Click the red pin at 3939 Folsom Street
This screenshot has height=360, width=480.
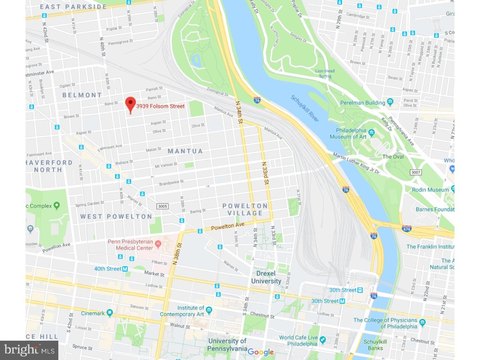[129, 104]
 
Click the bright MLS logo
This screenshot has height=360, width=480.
[29, 348]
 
